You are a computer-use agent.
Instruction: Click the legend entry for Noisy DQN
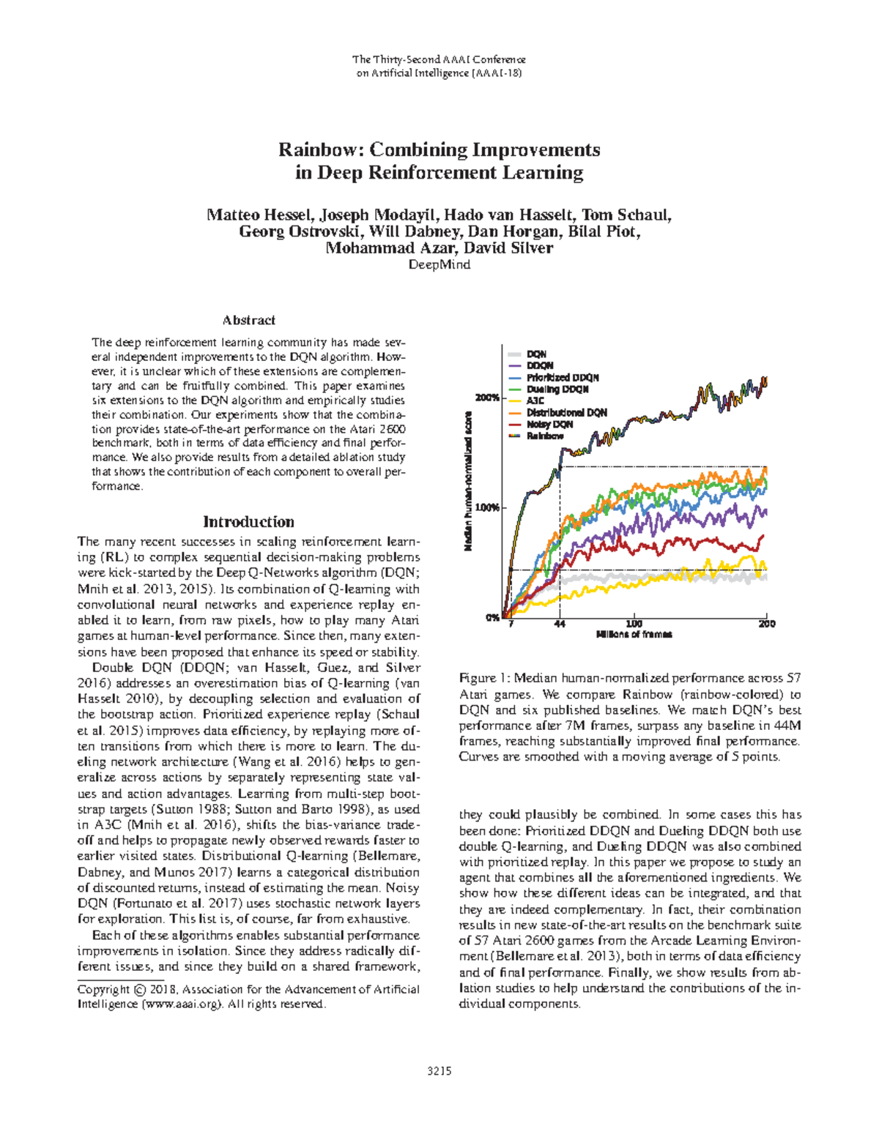click(549, 425)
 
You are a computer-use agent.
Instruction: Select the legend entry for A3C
click(535, 401)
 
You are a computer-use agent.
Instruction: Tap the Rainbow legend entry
click(545, 436)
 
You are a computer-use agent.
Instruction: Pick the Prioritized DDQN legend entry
click(562, 378)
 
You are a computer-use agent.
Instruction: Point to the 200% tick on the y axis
click(487, 398)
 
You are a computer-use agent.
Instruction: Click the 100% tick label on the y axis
click(487, 507)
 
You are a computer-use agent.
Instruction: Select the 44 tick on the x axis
click(560, 624)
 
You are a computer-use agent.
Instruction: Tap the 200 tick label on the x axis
click(766, 624)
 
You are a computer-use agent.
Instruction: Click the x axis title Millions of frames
click(634, 635)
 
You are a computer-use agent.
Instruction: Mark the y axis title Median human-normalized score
click(468, 480)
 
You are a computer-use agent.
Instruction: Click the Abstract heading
click(249, 320)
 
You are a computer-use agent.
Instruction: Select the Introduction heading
click(248, 522)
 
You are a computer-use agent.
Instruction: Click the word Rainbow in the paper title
click(319, 150)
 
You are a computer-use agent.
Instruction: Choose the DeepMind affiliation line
click(439, 265)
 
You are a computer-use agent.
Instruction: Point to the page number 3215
click(439, 1071)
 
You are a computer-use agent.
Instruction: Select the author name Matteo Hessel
click(260, 215)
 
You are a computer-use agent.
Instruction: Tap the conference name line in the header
click(439, 59)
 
